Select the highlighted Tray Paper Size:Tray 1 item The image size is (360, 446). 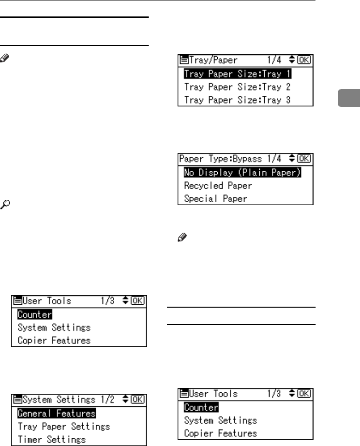237,75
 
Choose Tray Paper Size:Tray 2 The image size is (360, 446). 237,88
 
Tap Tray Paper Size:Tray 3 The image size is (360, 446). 237,100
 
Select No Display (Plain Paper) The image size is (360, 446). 242,173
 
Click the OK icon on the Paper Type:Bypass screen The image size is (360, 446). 305,159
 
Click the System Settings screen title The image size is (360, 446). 53,400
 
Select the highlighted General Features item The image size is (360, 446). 56,414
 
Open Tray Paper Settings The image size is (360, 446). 63,427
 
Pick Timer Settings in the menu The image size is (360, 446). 51,440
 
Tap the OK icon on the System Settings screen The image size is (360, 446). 139,400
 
